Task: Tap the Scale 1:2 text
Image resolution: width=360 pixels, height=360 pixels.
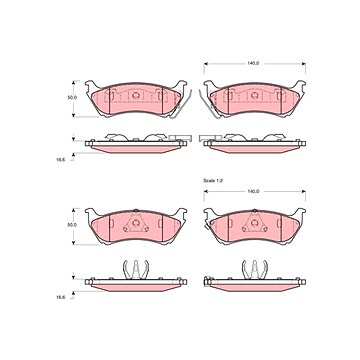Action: tap(213, 180)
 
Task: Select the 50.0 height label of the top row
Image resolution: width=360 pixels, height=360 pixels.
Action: tap(72, 98)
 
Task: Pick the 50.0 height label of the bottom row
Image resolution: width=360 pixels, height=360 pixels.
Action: tap(72, 225)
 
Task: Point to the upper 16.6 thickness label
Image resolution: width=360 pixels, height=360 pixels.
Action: tap(61, 159)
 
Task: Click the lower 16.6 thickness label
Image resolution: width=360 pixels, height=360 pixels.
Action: tap(61, 297)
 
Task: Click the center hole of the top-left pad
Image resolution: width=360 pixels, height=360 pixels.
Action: tap(136, 95)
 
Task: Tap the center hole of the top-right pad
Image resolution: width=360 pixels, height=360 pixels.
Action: tap(255, 95)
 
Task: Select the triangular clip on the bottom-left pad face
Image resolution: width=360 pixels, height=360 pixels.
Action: tap(136, 222)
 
